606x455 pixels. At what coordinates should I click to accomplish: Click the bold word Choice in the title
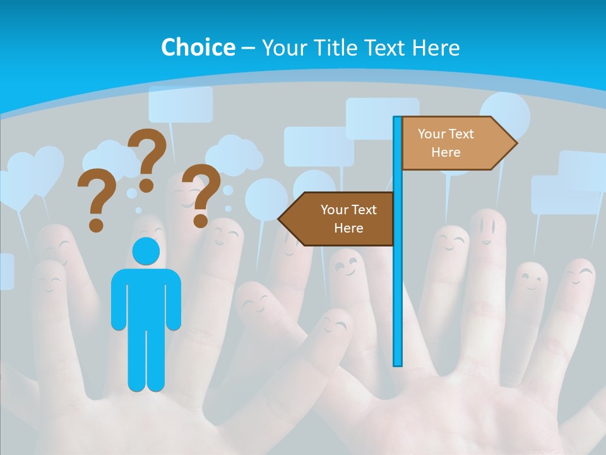coord(198,47)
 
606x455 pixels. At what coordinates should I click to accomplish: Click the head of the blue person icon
coord(146,251)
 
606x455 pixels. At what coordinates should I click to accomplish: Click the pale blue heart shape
coord(35,171)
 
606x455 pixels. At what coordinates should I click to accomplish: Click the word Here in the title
coord(436,47)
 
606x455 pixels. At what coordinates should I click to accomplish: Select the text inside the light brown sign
coord(446,143)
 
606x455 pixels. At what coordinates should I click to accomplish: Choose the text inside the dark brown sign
coord(348,219)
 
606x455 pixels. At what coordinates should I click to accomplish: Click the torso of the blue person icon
coord(146,297)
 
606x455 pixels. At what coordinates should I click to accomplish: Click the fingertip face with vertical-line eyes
coord(487,227)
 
